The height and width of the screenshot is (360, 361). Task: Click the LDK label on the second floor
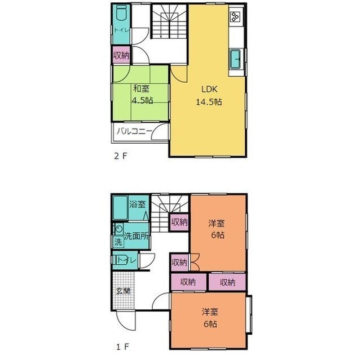tap(209, 89)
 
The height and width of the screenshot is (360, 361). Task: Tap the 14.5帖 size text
tap(209, 101)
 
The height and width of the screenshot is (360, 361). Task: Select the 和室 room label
tap(141, 88)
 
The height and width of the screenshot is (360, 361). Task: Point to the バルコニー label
tap(134, 131)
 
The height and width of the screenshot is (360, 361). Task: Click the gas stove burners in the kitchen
tap(235, 16)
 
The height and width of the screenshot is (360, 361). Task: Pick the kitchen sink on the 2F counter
tap(235, 59)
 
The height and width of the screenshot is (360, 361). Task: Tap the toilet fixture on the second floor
tap(121, 12)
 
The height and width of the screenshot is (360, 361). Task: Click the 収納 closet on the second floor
tap(121, 55)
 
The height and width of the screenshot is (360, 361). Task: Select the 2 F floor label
tap(121, 156)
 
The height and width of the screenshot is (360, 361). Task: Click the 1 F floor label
tap(122, 347)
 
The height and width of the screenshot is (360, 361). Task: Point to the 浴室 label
tap(137, 204)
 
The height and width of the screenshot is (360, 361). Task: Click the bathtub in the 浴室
tap(120, 207)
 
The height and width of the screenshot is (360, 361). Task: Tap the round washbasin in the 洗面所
tap(119, 229)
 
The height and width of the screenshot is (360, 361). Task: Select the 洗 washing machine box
tap(118, 242)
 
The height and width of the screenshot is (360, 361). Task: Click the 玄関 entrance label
tap(123, 291)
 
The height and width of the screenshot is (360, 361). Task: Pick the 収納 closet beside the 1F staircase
tap(179, 223)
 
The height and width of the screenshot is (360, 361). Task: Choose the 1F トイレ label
tap(126, 260)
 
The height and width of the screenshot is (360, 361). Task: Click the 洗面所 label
tap(136, 236)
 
